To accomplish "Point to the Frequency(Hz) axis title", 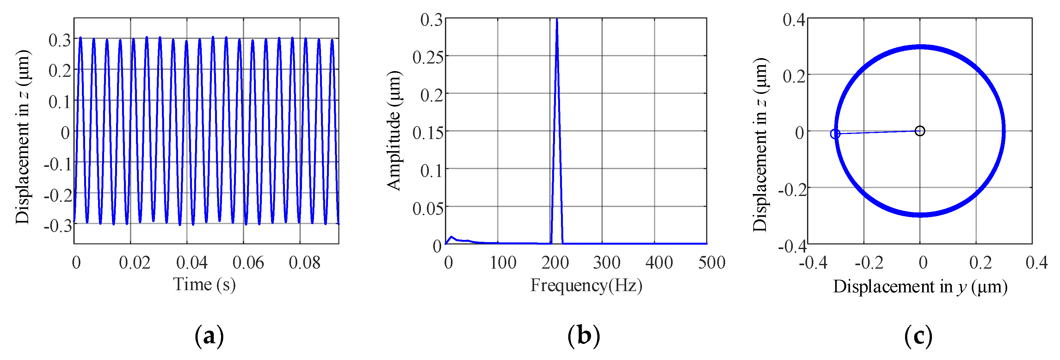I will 586,285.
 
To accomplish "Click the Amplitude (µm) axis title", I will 394,131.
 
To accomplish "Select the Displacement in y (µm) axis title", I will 920,287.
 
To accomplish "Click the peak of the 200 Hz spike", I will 557,19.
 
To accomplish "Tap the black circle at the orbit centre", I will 920,131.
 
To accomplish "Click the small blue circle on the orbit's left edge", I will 835,134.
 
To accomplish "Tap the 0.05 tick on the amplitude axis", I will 428,209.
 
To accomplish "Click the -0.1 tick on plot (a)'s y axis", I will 58,164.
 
